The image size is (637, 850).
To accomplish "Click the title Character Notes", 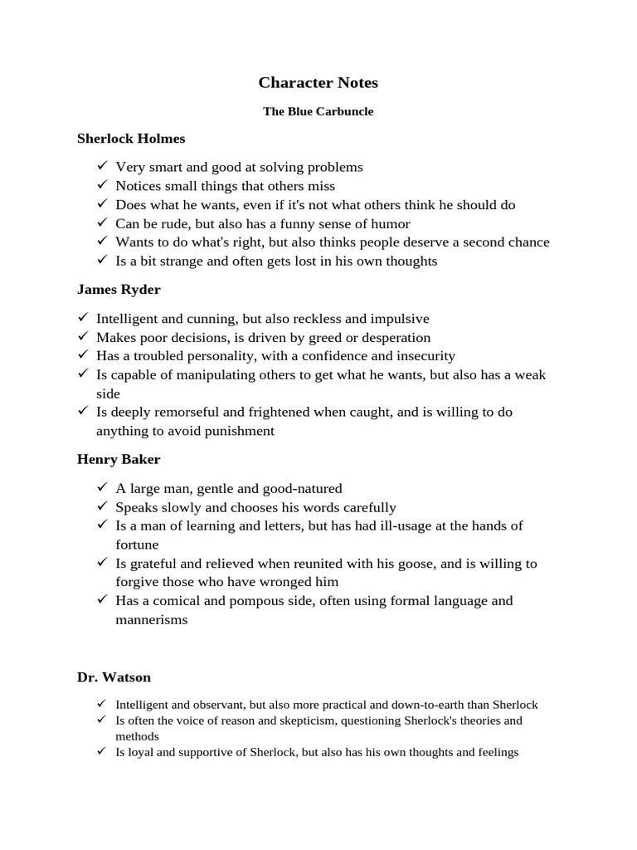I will point(318,82).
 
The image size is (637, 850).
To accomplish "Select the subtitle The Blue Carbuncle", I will point(318,111).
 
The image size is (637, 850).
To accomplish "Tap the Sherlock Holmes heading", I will point(131,139).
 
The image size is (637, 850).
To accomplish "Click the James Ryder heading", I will point(119,290).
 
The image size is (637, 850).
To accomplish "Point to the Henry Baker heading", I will point(119,459).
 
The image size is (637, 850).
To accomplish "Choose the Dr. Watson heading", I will point(114,677).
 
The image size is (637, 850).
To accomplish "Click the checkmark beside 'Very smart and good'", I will point(102,167).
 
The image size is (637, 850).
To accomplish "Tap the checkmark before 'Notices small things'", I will point(102,186).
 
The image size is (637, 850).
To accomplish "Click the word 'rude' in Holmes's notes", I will point(173,223).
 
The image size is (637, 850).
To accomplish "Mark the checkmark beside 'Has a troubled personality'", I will point(83,356).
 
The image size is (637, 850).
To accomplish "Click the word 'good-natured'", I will point(303,488).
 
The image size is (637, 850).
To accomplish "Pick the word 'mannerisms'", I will point(152,620).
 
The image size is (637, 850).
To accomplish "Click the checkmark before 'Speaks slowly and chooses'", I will point(102,507).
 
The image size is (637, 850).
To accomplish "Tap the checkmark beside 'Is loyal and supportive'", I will point(102,752).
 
